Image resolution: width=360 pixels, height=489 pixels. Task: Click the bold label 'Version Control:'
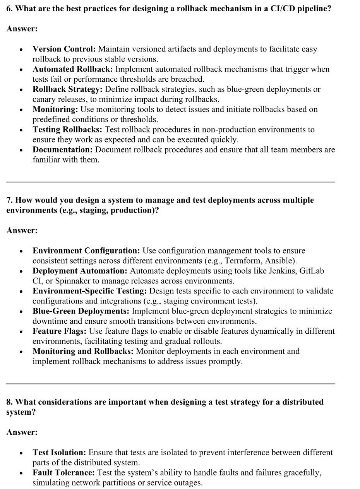[x=64, y=49]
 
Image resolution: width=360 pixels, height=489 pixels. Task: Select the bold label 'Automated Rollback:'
[x=73, y=69]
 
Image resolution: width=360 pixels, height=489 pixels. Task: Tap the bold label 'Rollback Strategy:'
[x=67, y=89]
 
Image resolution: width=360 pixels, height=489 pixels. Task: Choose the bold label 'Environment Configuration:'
[x=86, y=251]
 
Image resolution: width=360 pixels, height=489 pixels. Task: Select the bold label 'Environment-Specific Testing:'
[x=89, y=291]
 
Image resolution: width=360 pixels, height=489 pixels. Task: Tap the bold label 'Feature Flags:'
[x=60, y=331]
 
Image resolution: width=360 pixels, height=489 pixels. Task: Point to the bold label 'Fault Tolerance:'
[x=63, y=473]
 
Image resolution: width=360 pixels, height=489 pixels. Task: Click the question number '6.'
[x=10, y=9]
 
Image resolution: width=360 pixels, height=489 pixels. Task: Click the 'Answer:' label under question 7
[x=22, y=231]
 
